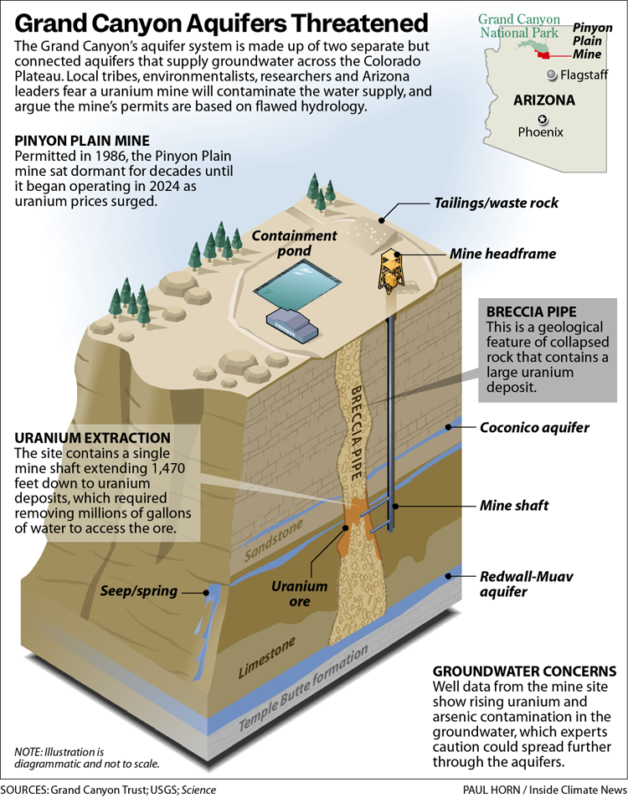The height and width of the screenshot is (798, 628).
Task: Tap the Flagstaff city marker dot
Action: pos(551,75)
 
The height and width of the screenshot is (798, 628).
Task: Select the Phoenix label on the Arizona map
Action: pos(540,132)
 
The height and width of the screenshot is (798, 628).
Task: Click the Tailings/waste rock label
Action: pos(496,203)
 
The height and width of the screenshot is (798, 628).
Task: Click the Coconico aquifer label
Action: pos(534,428)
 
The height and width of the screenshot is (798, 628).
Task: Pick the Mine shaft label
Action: pos(514,506)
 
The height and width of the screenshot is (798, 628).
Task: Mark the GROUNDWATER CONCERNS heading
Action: pos(523,672)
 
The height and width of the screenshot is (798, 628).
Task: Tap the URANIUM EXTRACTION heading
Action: pos(92,438)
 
